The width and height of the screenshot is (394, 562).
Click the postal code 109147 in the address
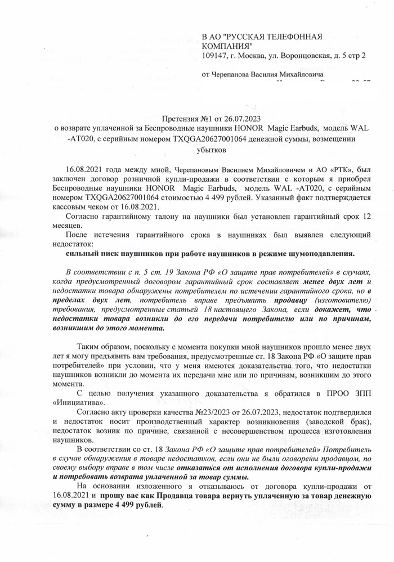(214, 56)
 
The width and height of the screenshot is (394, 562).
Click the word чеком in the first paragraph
(102, 206)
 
